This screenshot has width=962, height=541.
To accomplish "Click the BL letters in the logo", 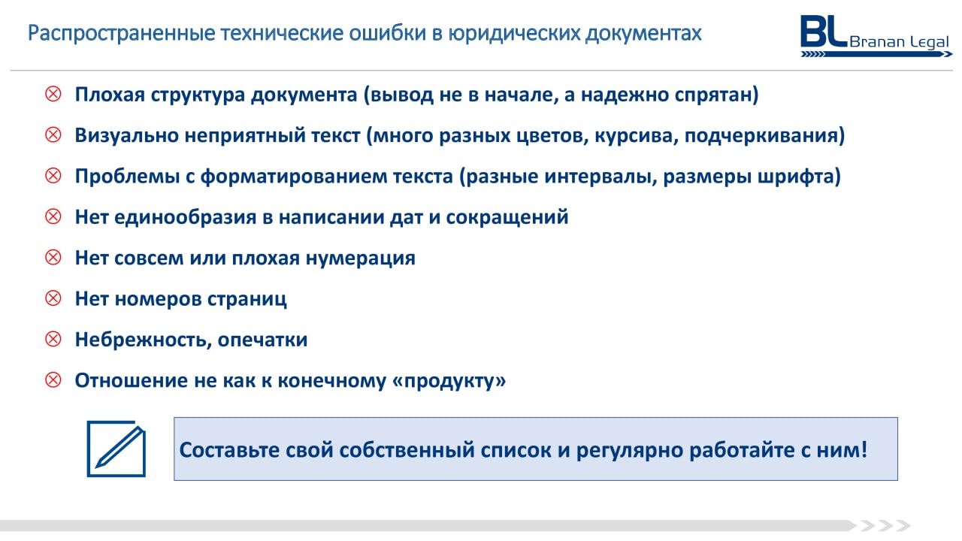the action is (x=824, y=31).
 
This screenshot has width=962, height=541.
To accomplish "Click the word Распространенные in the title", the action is (x=121, y=34).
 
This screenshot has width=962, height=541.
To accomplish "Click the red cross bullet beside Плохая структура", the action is (x=53, y=94).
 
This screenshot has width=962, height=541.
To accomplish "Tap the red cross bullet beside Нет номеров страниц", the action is (x=53, y=298).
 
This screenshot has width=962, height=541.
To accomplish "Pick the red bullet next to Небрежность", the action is (x=53, y=339).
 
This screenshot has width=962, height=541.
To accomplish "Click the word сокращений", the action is (x=507, y=218).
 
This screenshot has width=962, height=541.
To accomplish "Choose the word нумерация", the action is (x=360, y=258).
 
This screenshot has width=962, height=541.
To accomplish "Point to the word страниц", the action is (x=247, y=299).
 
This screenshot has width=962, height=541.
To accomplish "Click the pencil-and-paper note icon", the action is (x=116, y=449).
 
